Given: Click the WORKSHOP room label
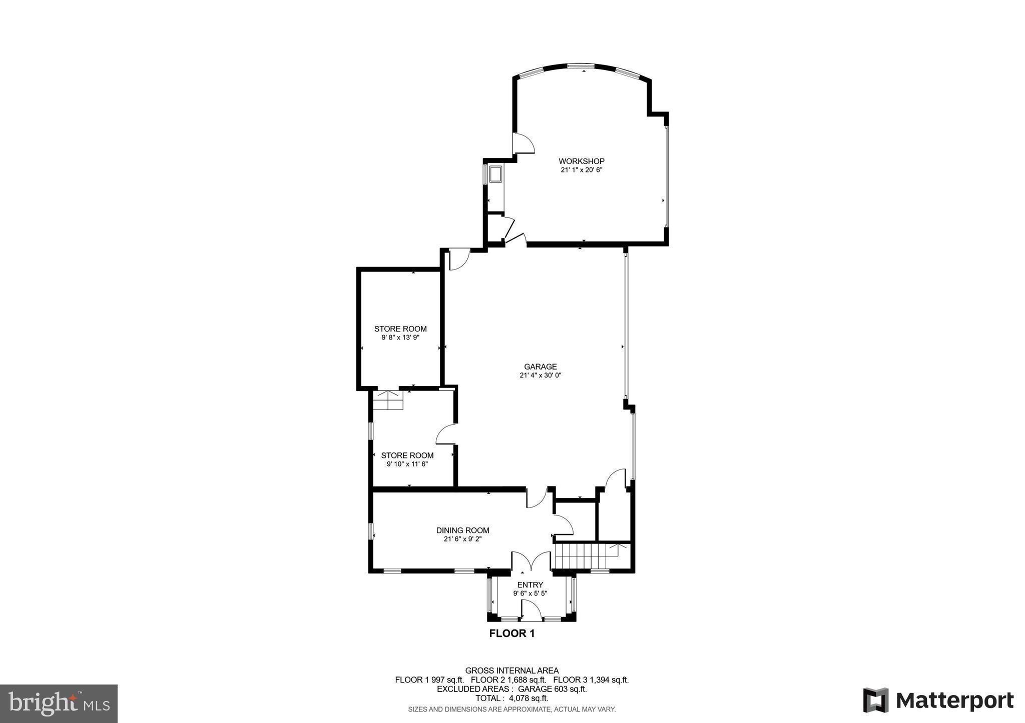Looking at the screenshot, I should [581, 161].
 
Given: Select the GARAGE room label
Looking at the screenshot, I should [540, 366].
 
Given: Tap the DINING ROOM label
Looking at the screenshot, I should [462, 530].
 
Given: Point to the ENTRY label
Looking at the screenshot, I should [530, 585].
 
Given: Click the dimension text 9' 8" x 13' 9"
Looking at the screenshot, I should [400, 337].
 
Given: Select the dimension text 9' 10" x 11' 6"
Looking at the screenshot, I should [407, 464].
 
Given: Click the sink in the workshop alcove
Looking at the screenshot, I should [496, 174].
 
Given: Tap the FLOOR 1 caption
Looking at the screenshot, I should [511, 633].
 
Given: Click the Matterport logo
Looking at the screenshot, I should [938, 700].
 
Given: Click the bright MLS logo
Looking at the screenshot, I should [59, 703].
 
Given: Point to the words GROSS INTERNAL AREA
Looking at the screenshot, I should [511, 670].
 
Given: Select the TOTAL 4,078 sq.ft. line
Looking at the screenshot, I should [511, 698].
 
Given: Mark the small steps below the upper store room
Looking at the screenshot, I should [389, 400].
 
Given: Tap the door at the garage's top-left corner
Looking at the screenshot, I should [458, 260].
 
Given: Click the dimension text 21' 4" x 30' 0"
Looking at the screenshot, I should [540, 375].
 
